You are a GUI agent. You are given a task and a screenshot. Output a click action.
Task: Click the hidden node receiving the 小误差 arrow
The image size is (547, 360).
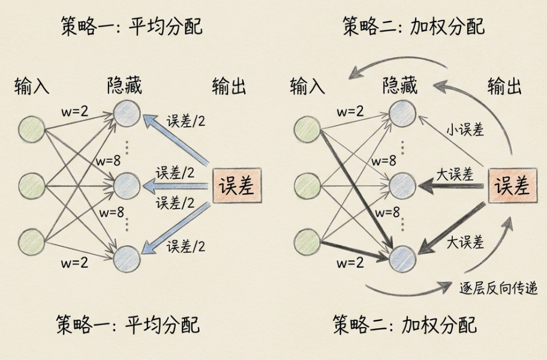(x=402, y=113)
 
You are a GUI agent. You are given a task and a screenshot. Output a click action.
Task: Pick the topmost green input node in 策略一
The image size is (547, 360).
(x=32, y=128)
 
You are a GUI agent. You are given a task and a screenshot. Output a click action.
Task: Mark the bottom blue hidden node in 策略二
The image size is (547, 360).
(x=402, y=259)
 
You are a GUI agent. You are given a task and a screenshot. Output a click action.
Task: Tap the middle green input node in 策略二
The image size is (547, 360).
(x=307, y=186)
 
